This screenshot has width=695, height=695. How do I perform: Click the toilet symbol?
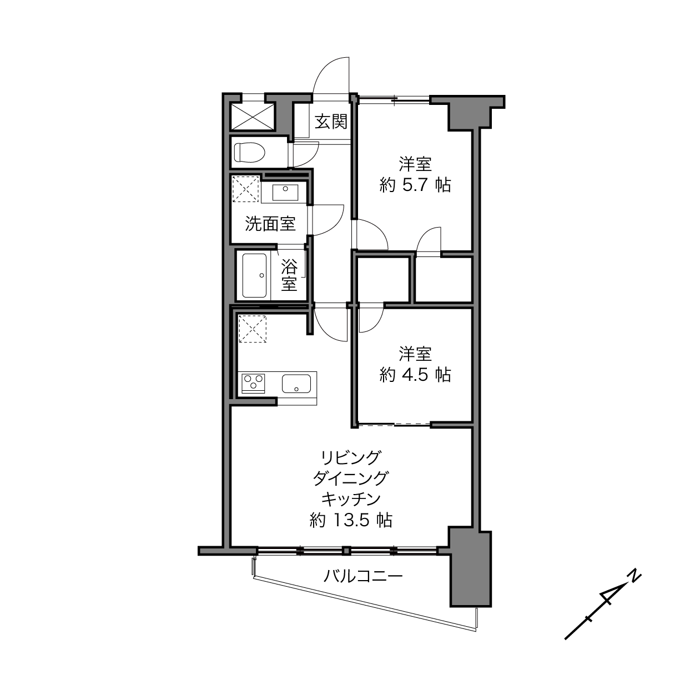(249, 153)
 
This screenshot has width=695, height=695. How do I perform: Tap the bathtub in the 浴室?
(254, 275)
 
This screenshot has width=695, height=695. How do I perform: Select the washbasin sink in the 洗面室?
(285, 192)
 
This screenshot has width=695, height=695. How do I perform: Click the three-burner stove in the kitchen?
(254, 384)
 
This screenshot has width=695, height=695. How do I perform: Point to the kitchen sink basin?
(296, 384)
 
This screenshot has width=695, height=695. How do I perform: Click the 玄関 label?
(331, 122)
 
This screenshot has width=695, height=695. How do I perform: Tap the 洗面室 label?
(270, 224)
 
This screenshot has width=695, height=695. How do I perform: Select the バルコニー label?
(362, 576)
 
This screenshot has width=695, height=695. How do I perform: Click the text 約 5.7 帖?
(415, 185)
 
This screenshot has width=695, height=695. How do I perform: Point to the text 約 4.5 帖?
(415, 375)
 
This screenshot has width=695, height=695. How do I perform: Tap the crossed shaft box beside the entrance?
(252, 117)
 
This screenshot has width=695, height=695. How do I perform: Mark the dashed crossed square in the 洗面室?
(245, 189)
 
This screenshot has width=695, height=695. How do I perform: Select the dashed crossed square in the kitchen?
(252, 329)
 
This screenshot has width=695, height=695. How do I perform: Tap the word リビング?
(351, 458)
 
